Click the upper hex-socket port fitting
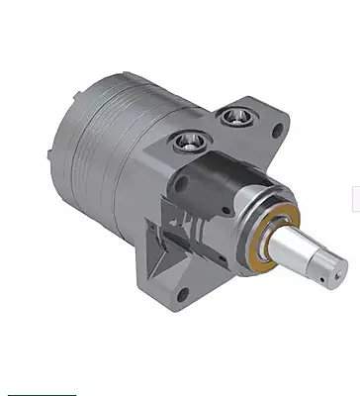pos(233,117)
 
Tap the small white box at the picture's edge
pos(355,199)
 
